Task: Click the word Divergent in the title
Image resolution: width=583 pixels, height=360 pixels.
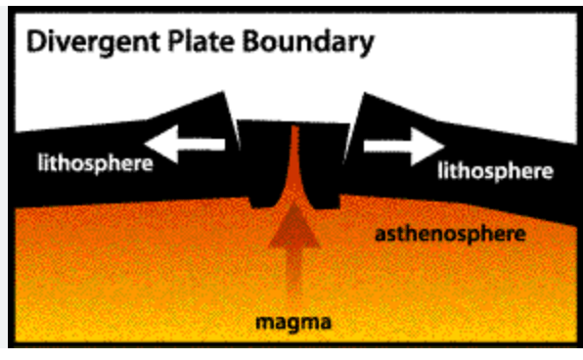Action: [x=94, y=42]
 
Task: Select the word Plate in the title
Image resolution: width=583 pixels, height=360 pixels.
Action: [x=202, y=41]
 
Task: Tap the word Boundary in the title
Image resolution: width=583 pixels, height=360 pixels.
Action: [x=308, y=42]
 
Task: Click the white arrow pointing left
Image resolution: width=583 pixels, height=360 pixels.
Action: [x=185, y=145]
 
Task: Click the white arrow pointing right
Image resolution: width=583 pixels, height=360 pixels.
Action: [x=404, y=146]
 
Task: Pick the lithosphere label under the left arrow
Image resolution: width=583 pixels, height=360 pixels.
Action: [x=96, y=163]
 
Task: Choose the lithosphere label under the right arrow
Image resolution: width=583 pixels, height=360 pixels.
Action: [x=496, y=171]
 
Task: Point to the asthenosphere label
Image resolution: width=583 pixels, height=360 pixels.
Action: [x=450, y=235]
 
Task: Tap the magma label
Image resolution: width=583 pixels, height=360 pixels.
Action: [x=293, y=322]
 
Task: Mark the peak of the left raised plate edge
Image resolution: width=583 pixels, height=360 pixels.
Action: [x=223, y=92]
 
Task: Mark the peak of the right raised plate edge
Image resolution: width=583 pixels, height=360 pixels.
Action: [x=364, y=93]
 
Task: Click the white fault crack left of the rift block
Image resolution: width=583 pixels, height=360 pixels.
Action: [x=233, y=121]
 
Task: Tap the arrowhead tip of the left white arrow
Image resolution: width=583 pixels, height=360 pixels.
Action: [x=145, y=145]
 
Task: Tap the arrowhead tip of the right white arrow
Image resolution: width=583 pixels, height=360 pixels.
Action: [x=445, y=147]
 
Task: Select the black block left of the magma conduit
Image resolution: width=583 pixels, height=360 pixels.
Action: [x=263, y=163]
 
